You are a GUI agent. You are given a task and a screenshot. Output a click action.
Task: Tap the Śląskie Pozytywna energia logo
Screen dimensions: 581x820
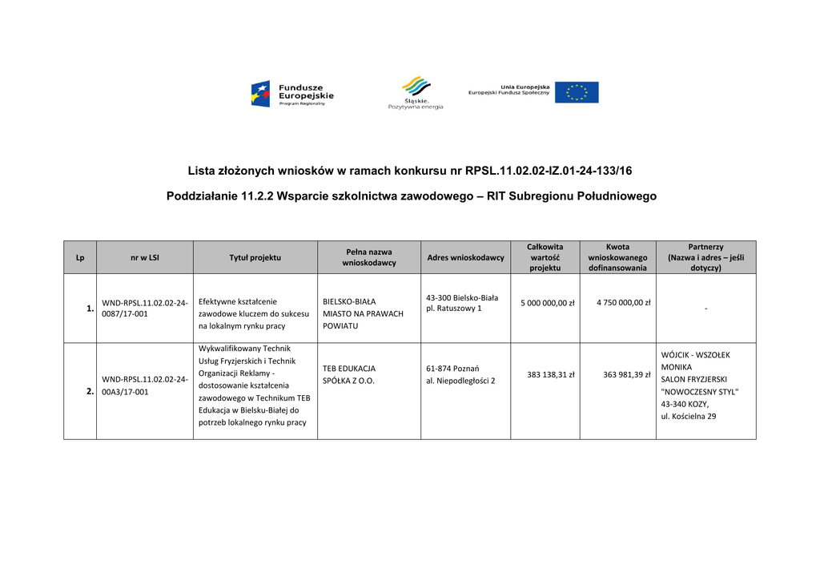click(x=415, y=92)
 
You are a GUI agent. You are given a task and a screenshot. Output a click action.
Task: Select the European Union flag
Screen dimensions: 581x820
click(x=577, y=92)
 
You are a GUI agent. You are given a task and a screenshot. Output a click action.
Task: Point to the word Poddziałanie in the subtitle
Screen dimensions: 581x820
click(x=202, y=196)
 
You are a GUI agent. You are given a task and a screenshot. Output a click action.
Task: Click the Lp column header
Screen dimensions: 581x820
click(x=80, y=257)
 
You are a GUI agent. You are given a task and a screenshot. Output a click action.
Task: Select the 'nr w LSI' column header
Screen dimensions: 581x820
click(x=145, y=257)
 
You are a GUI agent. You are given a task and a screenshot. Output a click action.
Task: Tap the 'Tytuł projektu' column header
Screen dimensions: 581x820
click(x=255, y=257)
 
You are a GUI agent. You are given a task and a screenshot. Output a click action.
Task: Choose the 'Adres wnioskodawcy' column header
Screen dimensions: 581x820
click(x=465, y=257)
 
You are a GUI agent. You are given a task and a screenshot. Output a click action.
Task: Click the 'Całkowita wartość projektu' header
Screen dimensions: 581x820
click(x=545, y=257)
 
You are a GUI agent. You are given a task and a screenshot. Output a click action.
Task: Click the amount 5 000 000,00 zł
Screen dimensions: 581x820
click(x=548, y=303)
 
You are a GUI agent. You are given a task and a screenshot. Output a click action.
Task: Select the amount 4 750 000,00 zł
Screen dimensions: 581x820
click(x=623, y=303)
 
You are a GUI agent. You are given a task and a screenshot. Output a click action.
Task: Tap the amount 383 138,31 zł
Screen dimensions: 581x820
click(x=551, y=374)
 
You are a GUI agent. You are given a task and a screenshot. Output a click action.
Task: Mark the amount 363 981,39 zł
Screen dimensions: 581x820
click(x=626, y=374)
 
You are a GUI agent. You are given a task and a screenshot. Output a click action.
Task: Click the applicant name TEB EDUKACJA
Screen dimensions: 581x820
click(x=349, y=369)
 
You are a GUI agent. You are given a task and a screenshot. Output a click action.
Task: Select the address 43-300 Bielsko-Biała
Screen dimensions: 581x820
click(x=462, y=297)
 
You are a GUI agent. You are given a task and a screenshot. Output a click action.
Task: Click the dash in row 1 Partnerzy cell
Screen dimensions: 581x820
click(x=705, y=309)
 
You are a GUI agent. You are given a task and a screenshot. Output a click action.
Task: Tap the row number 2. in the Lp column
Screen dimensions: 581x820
click(x=90, y=392)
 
